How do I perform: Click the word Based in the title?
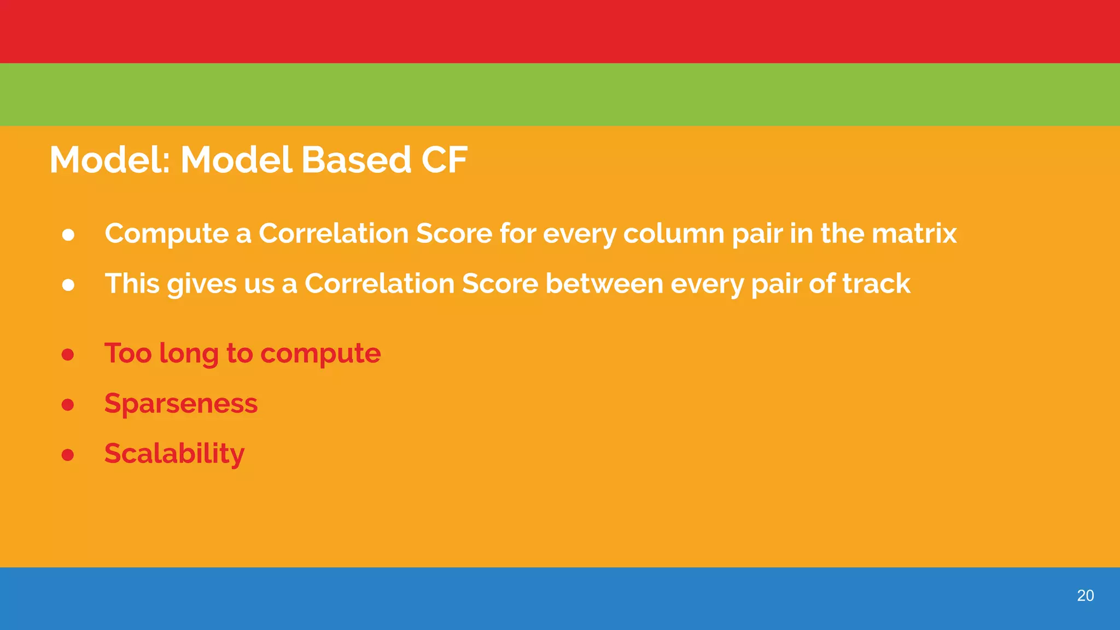pyautogui.click(x=355, y=160)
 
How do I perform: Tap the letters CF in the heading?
pyautogui.click(x=444, y=160)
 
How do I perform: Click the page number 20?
pyautogui.click(x=1085, y=596)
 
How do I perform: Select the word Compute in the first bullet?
pyautogui.click(x=167, y=234)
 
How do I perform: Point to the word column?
pyautogui.click(x=674, y=234)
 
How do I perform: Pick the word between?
pyautogui.click(x=604, y=284)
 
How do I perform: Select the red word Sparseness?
pyautogui.click(x=181, y=404)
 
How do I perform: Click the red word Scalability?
pyautogui.click(x=174, y=454)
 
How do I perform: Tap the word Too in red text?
pyautogui.click(x=128, y=353)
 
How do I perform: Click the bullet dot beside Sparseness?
pyautogui.click(x=68, y=405)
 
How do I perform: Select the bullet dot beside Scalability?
pyautogui.click(x=68, y=455)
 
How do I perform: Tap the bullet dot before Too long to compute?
pyautogui.click(x=68, y=355)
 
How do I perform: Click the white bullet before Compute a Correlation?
pyautogui.click(x=68, y=235)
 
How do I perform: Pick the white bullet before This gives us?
pyautogui.click(x=68, y=285)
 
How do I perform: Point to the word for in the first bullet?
pyautogui.click(x=517, y=234)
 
